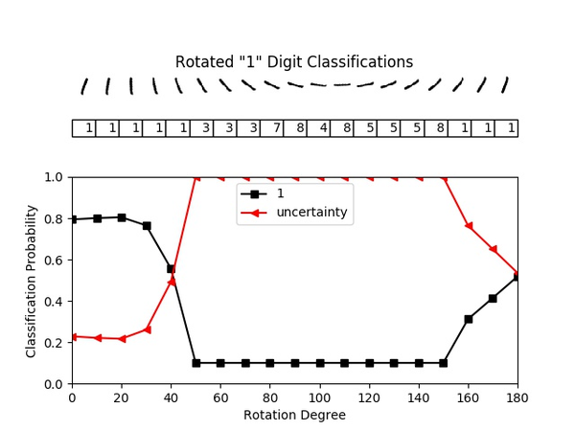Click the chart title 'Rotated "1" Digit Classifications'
click(x=294, y=62)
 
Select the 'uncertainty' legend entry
click(x=311, y=212)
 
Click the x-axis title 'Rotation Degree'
click(x=294, y=416)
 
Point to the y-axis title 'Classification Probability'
click(x=32, y=281)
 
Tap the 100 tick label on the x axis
click(x=319, y=397)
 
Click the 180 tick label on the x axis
click(x=517, y=397)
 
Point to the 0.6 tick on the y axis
click(x=54, y=260)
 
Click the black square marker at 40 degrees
click(x=171, y=269)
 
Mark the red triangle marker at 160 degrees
click(x=468, y=225)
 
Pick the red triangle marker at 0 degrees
click(x=72, y=336)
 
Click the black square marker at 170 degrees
click(x=493, y=298)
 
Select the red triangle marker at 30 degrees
click(x=147, y=329)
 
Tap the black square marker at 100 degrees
click(x=319, y=363)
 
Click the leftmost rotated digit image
click(x=84, y=86)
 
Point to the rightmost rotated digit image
click(x=505, y=84)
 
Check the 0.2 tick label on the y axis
click(x=54, y=342)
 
